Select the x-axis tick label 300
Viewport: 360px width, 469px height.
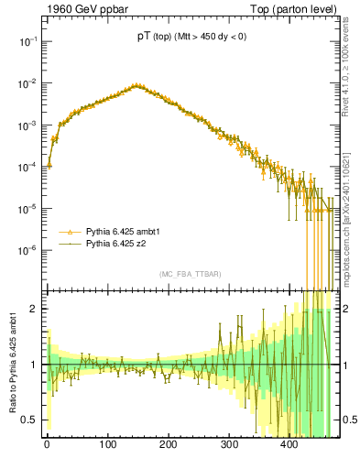pyautogui.click(x=229, y=444)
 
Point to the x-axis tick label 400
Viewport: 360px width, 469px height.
pyautogui.click(x=289, y=444)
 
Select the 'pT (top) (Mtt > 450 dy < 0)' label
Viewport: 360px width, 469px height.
pyautogui.click(x=190, y=38)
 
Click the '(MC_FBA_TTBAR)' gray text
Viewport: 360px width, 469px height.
pyautogui.click(x=190, y=275)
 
